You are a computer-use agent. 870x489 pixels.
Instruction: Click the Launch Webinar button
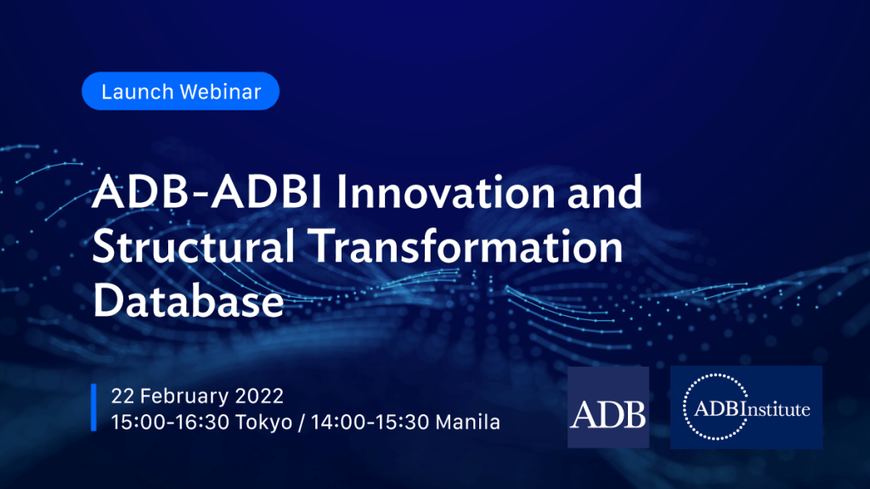[180, 91]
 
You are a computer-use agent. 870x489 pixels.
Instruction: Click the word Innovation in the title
[445, 192]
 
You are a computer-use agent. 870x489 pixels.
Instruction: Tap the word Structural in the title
[193, 246]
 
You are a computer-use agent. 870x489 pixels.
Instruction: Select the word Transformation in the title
[466, 246]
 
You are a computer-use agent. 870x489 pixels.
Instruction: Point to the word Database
[188, 301]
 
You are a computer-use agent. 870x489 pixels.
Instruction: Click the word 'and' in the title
[605, 192]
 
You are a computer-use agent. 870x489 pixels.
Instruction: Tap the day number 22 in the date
[122, 396]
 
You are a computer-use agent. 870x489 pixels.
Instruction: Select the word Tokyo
[263, 423]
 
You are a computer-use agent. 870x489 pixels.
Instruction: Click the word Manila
[468, 423]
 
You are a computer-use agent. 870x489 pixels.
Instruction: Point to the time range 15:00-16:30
[170, 423]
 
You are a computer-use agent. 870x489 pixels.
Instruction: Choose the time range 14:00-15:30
[370, 423]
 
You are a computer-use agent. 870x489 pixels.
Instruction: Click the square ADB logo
[608, 407]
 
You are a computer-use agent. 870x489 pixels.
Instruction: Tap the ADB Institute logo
[746, 407]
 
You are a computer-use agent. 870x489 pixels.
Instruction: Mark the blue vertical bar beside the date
[93, 407]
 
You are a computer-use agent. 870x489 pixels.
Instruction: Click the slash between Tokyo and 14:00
[302, 423]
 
